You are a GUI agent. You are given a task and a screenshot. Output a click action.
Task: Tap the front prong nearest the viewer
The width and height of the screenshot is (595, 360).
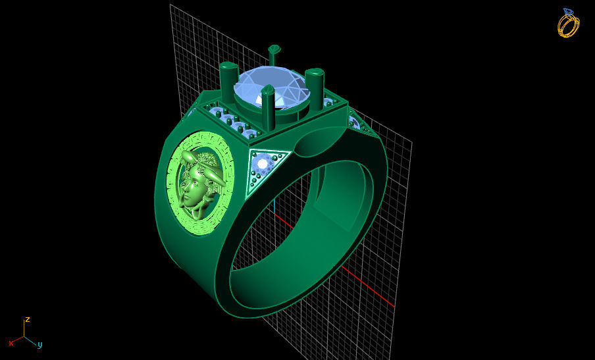268,109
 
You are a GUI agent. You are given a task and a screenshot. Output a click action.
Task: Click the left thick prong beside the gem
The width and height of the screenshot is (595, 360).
229,82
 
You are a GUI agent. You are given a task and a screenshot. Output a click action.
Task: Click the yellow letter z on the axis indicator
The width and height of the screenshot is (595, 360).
28,320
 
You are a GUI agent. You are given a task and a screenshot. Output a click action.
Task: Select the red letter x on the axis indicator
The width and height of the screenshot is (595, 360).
11,343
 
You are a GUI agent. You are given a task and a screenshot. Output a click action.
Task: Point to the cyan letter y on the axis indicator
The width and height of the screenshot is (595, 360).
39,344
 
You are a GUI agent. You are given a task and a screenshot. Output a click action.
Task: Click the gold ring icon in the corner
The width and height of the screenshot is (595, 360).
568,25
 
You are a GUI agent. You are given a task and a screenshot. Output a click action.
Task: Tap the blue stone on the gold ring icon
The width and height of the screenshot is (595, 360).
567,12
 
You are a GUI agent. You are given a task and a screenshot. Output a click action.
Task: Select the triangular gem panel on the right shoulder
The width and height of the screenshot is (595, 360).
355,122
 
